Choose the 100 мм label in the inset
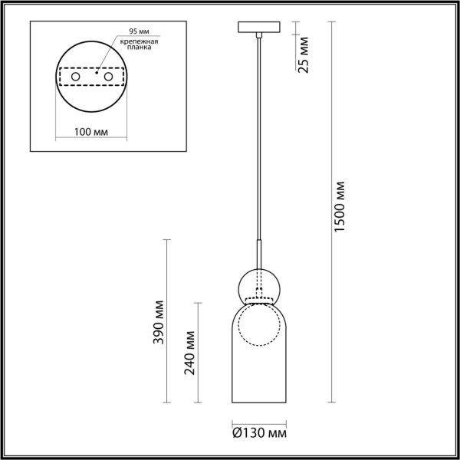(90, 132)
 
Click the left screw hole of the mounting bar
(74, 78)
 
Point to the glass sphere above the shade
(258, 284)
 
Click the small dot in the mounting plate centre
(96, 77)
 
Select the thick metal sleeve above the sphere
(258, 251)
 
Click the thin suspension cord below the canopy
(258, 138)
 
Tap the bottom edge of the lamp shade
(258, 402)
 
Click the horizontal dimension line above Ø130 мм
(258, 421)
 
